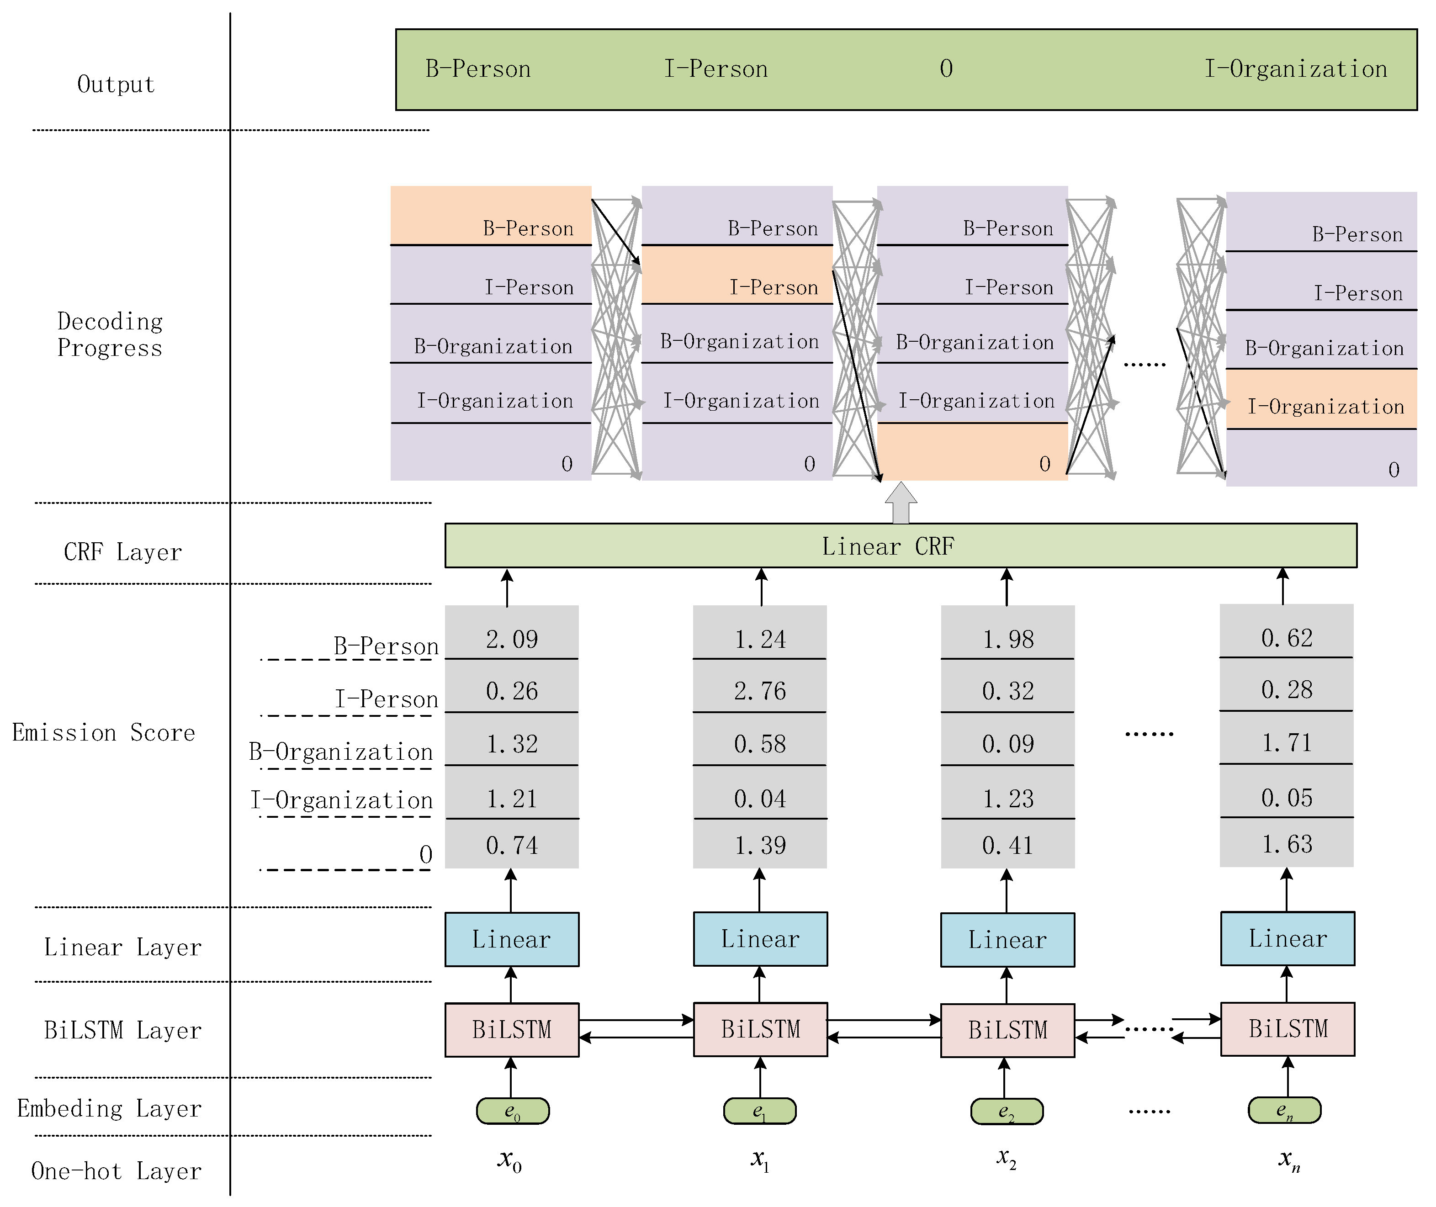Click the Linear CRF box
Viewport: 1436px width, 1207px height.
[x=901, y=546]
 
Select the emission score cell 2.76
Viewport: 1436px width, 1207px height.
[x=759, y=690]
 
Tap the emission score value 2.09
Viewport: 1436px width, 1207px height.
[x=512, y=638]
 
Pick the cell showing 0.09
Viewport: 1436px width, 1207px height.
[x=1008, y=744]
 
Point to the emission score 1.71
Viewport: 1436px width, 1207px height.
[x=1286, y=742]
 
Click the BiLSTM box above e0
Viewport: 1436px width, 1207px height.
[x=512, y=1030]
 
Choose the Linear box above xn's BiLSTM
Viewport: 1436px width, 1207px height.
[x=1288, y=938]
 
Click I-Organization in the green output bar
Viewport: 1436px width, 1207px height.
[x=1295, y=69]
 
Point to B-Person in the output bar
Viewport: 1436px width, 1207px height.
[x=477, y=69]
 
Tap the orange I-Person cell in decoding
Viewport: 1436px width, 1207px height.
[x=737, y=275]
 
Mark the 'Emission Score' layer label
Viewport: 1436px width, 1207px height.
[x=103, y=733]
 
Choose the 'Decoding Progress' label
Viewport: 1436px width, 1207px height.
[x=110, y=334]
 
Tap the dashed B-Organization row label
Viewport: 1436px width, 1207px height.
[x=341, y=752]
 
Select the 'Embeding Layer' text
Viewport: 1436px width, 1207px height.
[x=110, y=1108]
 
